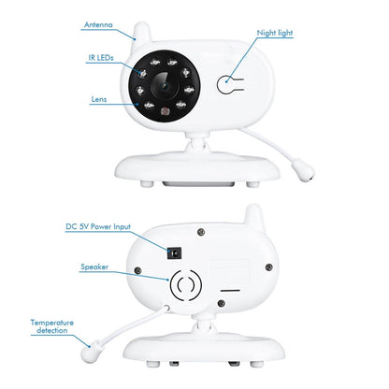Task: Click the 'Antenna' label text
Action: (x=100, y=25)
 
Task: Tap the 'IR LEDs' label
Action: (x=100, y=58)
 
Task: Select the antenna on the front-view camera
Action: (x=143, y=33)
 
